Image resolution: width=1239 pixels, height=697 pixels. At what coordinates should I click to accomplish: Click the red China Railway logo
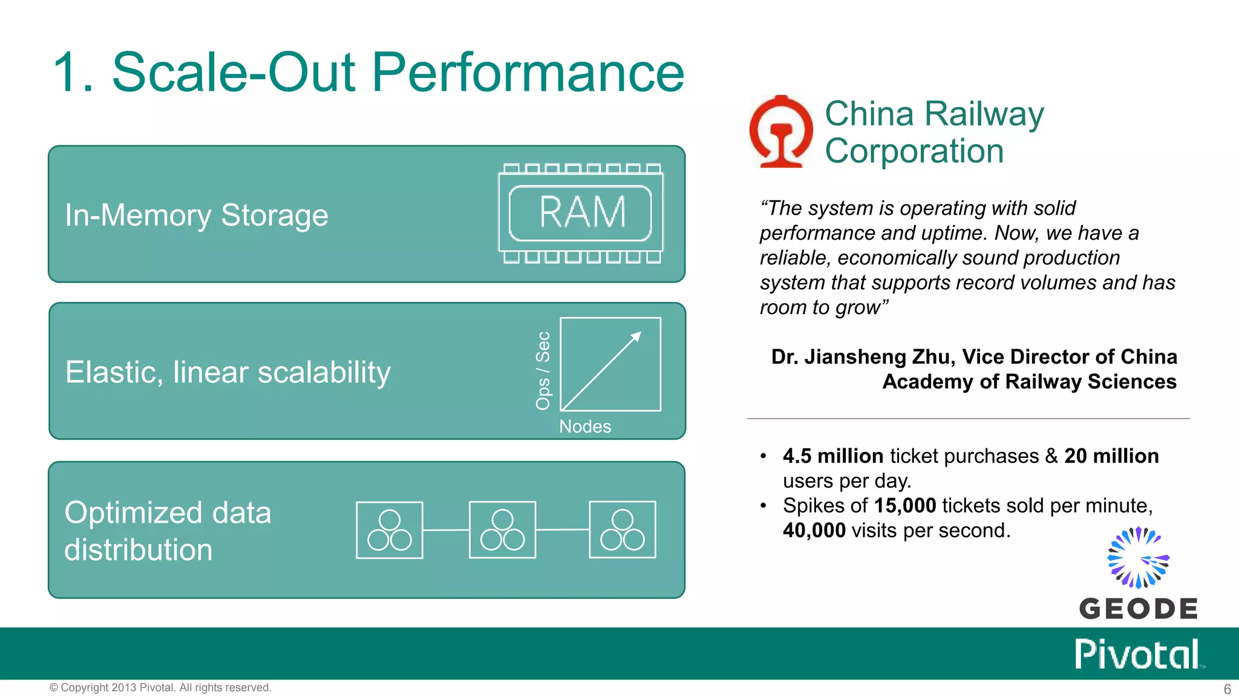tap(781, 131)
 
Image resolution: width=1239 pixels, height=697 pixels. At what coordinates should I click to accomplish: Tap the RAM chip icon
tap(581, 213)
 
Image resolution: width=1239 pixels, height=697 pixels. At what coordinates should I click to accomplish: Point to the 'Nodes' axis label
tap(585, 427)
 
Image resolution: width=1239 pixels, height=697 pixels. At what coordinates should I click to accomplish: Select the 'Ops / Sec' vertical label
tap(543, 370)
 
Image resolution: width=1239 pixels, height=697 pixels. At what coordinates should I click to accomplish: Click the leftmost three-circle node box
tap(390, 530)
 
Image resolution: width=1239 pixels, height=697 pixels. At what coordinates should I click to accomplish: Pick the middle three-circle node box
tap(502, 530)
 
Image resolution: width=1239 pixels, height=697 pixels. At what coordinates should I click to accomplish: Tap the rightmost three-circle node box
tap(623, 530)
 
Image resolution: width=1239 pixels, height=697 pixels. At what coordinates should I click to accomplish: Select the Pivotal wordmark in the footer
tap(1137, 654)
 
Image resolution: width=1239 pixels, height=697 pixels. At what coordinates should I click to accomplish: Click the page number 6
tap(1227, 689)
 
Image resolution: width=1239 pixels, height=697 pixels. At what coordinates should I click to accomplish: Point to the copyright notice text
tap(160, 688)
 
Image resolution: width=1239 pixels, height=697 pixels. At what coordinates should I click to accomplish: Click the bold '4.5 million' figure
tap(833, 456)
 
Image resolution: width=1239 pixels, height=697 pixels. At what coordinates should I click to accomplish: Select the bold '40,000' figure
tap(814, 531)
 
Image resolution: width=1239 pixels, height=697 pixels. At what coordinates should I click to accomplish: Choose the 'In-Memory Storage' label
tap(197, 215)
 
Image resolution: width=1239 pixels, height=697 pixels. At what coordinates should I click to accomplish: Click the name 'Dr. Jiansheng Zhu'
tap(863, 357)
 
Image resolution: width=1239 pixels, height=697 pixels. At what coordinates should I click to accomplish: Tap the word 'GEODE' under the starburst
tap(1138, 609)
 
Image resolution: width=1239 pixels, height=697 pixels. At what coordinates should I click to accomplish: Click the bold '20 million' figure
tap(1111, 456)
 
